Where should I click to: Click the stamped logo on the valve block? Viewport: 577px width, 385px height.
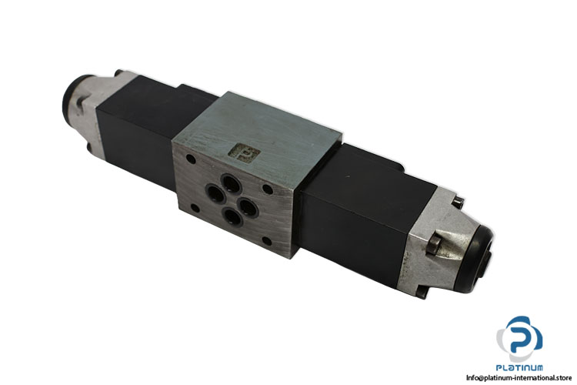click(244, 152)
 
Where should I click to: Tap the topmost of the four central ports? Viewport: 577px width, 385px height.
click(231, 183)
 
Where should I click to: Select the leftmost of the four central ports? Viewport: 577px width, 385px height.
click(215, 194)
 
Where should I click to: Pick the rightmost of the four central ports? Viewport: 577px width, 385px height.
click(246, 206)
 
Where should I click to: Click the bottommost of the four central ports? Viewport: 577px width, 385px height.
click(232, 217)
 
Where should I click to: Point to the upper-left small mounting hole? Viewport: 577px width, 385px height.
click(191, 159)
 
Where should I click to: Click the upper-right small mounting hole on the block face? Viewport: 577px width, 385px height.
click(268, 189)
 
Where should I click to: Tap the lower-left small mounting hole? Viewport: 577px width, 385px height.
click(195, 208)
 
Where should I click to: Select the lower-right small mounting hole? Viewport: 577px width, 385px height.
click(267, 242)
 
